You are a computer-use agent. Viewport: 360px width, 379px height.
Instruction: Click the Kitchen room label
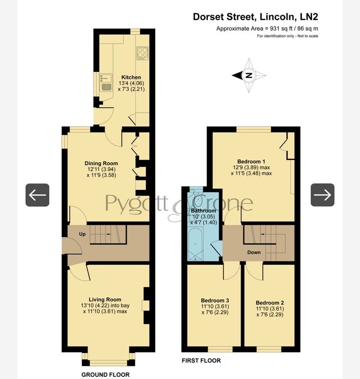point(131,77)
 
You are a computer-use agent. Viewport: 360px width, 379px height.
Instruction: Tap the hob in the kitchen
point(142,53)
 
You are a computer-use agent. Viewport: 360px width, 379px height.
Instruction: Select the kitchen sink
point(106,82)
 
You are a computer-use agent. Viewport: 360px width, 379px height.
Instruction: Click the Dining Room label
point(101,163)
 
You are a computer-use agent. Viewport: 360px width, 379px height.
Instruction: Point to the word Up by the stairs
point(82,234)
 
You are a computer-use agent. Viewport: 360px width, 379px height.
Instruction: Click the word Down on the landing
point(254,253)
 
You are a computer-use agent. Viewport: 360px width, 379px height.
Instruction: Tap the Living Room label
point(105,300)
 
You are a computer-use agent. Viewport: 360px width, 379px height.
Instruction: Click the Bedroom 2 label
point(270,303)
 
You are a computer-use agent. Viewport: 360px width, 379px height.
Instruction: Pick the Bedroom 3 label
point(215,300)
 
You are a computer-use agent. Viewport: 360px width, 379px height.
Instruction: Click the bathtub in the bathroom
point(196,244)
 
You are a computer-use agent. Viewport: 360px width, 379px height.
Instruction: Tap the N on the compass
point(249,75)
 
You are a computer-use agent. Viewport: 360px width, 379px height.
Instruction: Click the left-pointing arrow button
point(37,195)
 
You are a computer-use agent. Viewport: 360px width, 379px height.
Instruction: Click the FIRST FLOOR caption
point(201,361)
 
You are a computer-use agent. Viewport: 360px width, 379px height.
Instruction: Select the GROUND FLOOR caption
point(105,375)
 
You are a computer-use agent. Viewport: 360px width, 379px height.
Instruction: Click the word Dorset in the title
point(208,17)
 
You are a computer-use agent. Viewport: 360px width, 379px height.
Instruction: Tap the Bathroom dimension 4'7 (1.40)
point(204,222)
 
